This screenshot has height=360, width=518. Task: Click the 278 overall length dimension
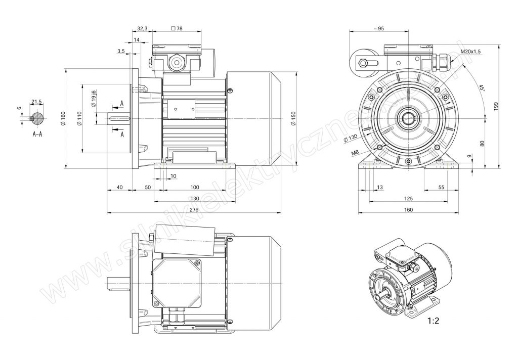[194, 209]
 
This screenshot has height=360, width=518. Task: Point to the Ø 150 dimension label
[293, 118]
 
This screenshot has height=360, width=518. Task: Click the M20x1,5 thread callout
[471, 52]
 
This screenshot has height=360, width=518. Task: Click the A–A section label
[37, 135]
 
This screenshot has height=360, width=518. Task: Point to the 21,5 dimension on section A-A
[36, 102]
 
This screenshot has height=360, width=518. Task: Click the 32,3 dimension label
[142, 29]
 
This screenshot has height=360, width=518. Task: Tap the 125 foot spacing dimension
[409, 198]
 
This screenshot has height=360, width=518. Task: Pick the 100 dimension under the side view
[194, 187]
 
